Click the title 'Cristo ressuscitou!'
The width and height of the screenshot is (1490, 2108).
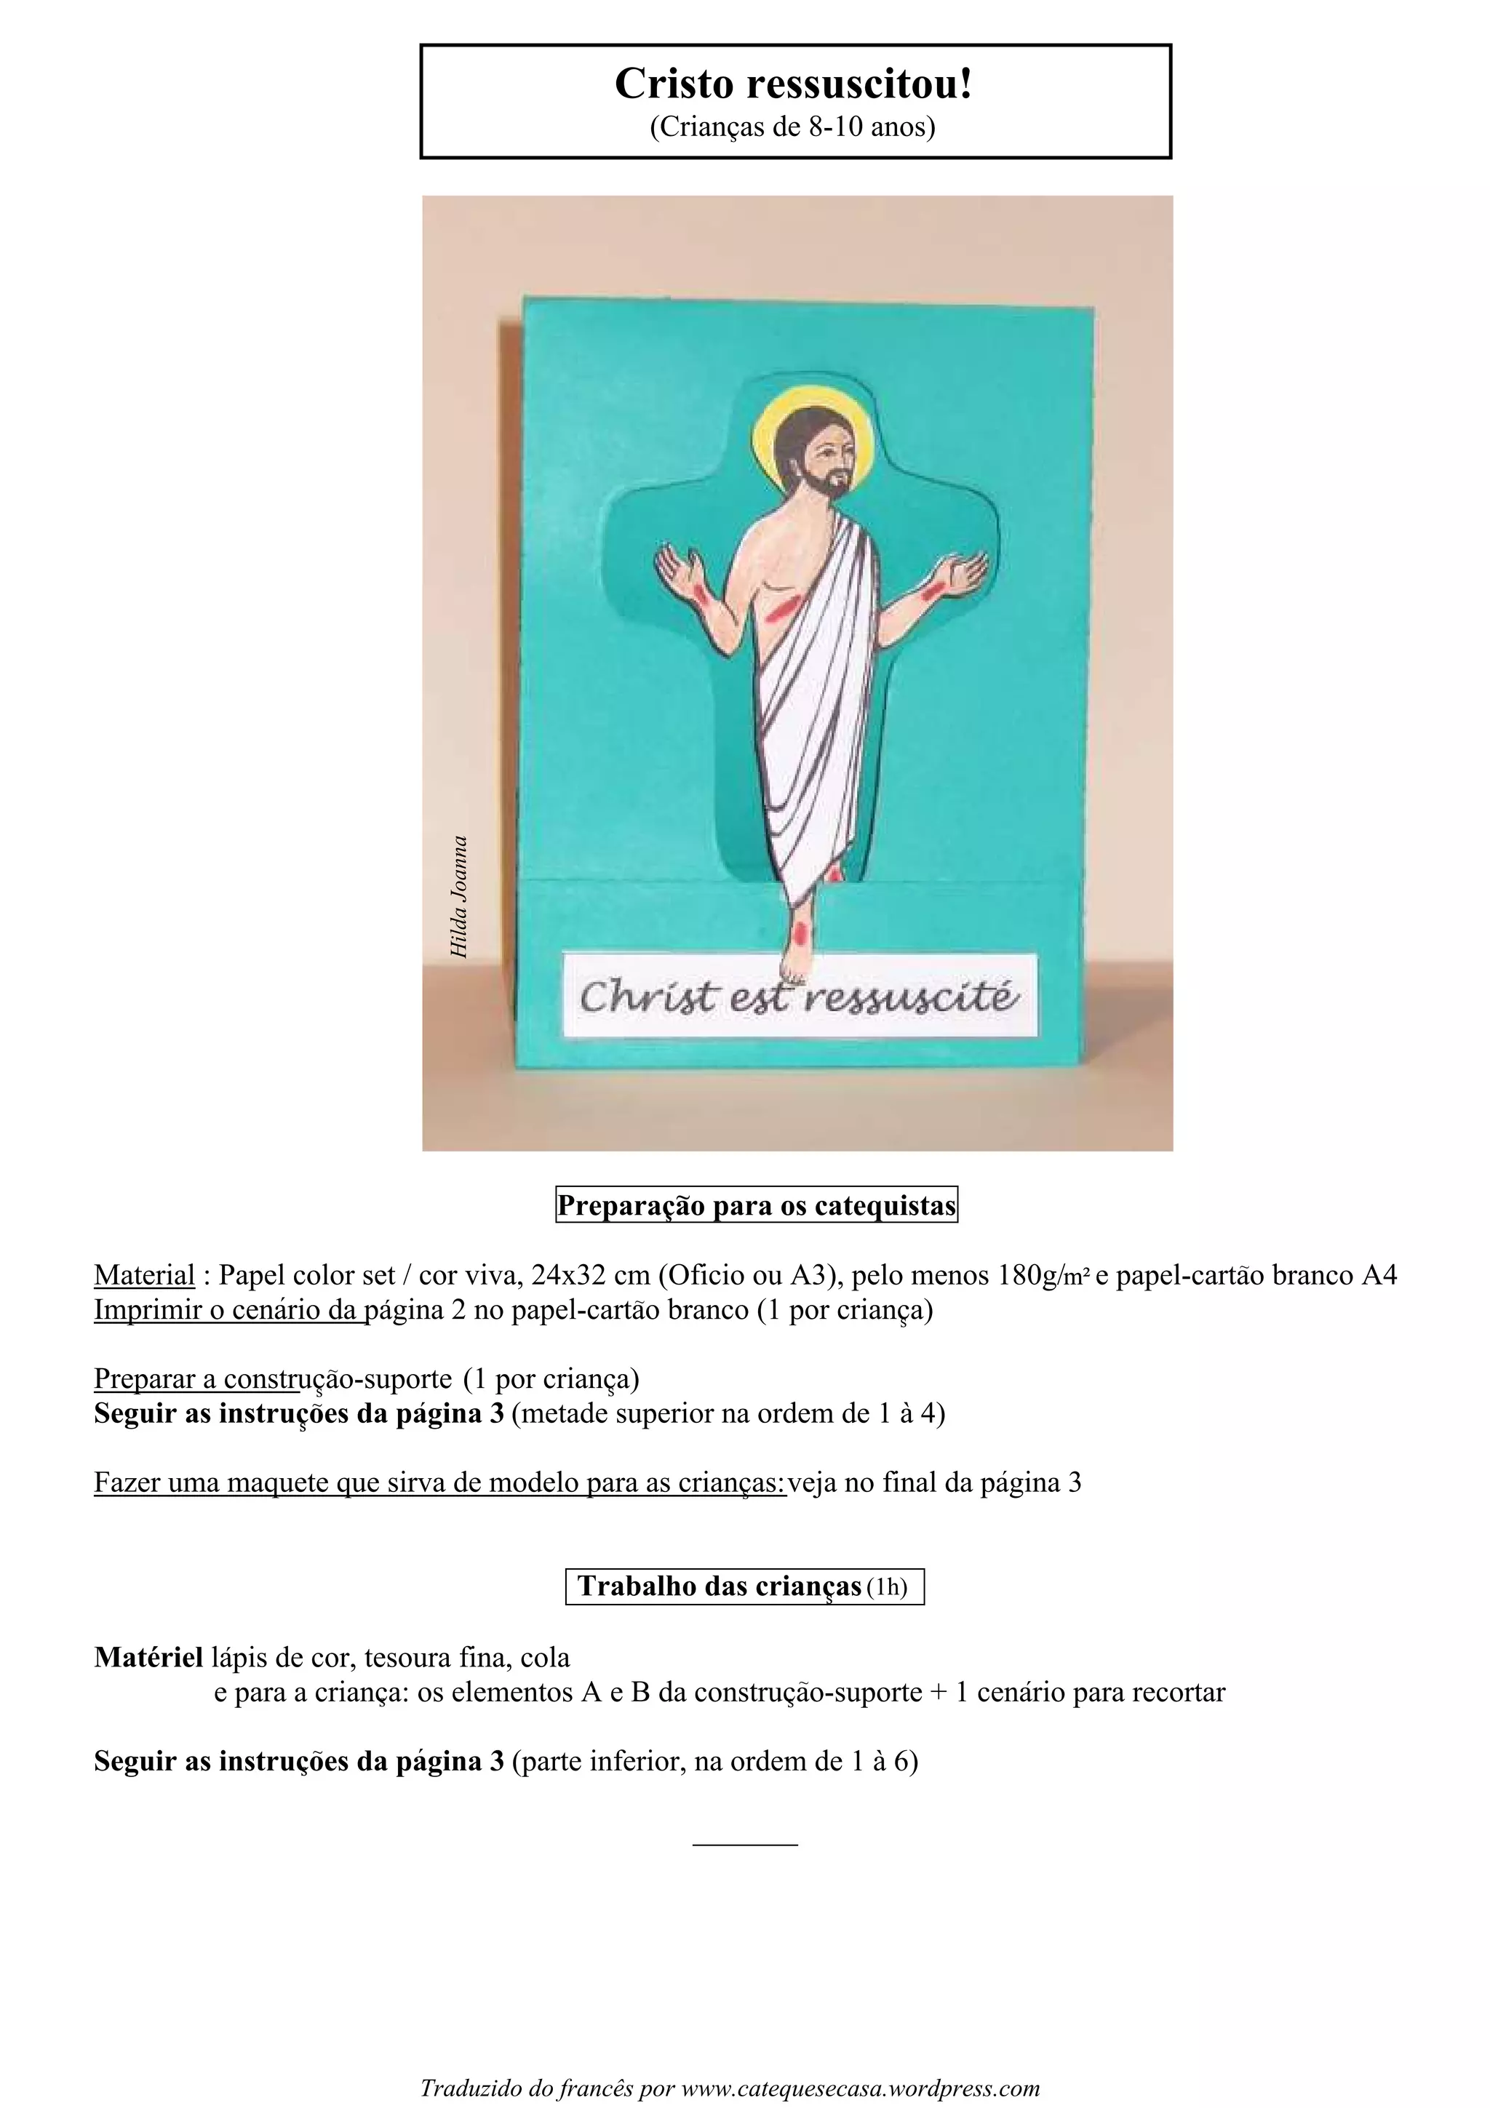(x=793, y=84)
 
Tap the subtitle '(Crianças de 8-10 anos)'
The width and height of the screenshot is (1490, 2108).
(x=793, y=127)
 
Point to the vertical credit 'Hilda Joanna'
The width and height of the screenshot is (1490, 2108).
(x=459, y=897)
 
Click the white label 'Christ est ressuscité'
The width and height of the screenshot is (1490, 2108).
(x=799, y=997)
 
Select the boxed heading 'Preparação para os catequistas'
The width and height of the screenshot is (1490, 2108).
(x=757, y=1205)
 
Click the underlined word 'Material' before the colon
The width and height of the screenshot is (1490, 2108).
(x=144, y=1275)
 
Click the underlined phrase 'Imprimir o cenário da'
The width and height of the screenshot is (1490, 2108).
(x=229, y=1309)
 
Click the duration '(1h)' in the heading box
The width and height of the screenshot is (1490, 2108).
(x=887, y=1587)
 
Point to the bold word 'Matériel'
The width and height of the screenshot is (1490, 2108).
(x=148, y=1657)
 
